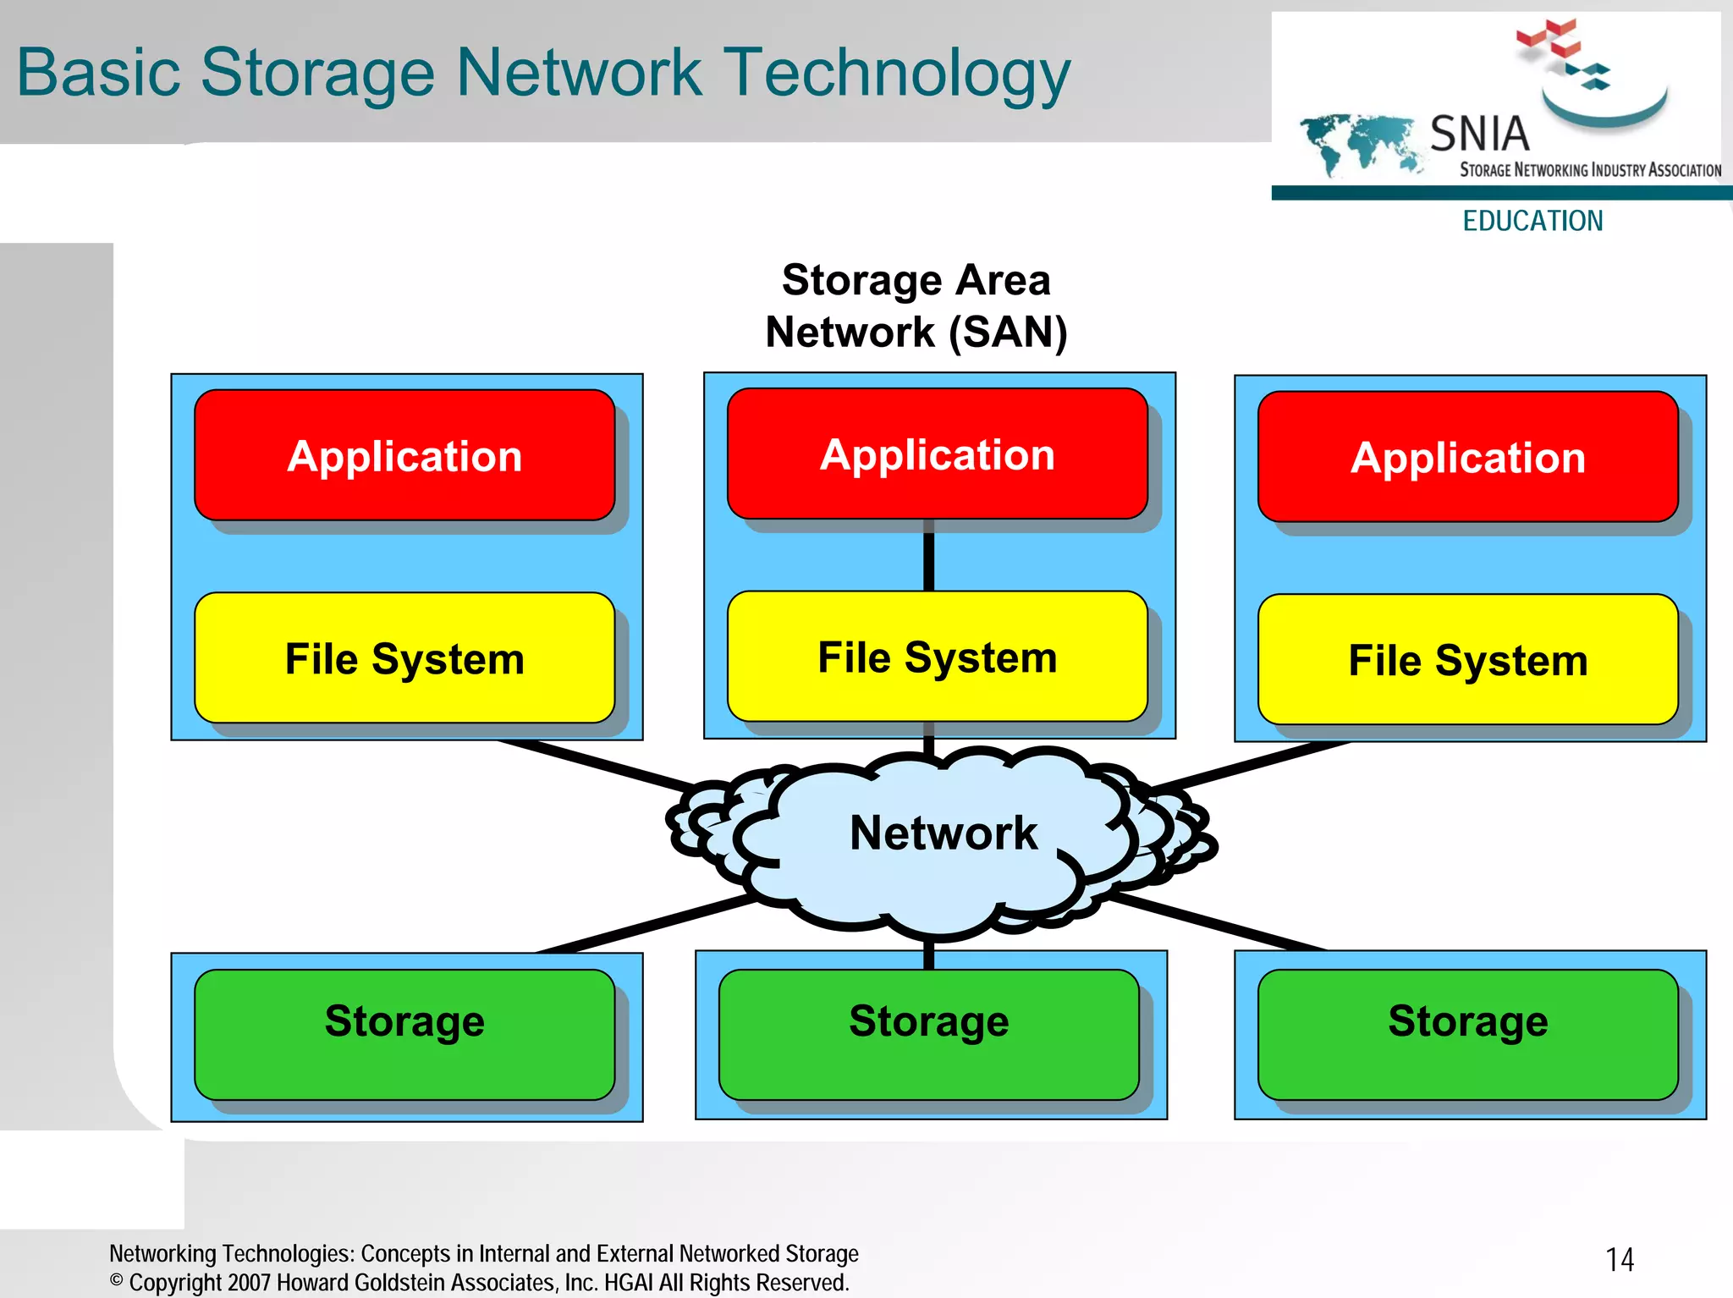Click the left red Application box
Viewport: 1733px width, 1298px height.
pos(404,455)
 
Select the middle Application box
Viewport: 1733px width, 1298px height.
pos(937,454)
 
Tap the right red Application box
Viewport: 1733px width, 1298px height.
pos(1467,457)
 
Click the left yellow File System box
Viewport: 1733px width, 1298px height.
pos(404,658)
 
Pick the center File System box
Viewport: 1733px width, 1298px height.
pos(937,657)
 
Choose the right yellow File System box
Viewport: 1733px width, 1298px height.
pos(1467,660)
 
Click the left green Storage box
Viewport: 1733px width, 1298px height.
pos(404,1034)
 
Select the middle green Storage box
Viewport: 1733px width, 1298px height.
pos(928,1034)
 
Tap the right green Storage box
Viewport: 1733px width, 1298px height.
pos(1467,1034)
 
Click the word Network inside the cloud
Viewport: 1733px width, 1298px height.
pos(943,833)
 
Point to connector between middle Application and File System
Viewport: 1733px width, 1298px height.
pos(928,556)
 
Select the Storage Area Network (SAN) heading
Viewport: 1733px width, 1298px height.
pos(916,305)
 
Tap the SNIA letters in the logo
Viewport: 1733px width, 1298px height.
pos(1479,134)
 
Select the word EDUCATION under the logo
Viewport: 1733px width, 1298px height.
pos(1532,221)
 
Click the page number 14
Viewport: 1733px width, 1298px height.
pos(1620,1259)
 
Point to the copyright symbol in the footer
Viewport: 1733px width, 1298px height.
pos(117,1280)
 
